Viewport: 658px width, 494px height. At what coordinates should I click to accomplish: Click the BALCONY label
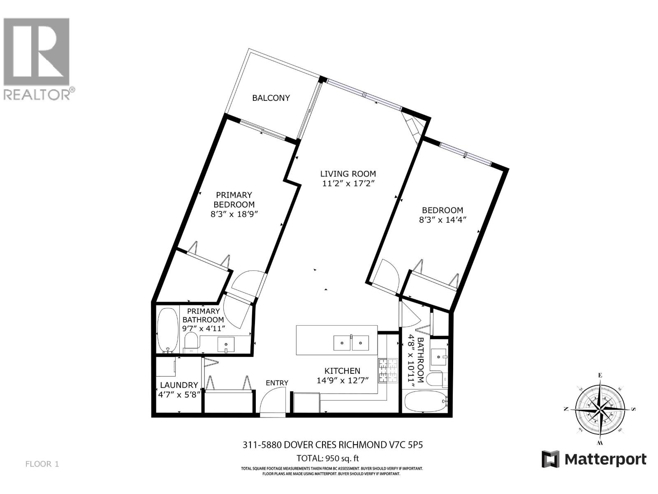tap(271, 98)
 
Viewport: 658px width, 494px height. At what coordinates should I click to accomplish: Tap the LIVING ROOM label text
tap(348, 174)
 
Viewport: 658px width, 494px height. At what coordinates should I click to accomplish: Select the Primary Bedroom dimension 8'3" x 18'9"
tap(234, 214)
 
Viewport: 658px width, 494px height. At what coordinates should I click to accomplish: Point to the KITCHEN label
tap(342, 371)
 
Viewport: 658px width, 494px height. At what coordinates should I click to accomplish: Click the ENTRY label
tap(277, 383)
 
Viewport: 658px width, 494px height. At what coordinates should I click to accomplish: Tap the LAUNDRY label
tap(179, 385)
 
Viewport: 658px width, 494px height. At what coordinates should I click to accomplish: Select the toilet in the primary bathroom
tap(191, 343)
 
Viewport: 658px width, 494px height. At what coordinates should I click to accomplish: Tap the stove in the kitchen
tap(388, 370)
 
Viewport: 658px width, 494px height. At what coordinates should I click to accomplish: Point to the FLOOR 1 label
tap(42, 464)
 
